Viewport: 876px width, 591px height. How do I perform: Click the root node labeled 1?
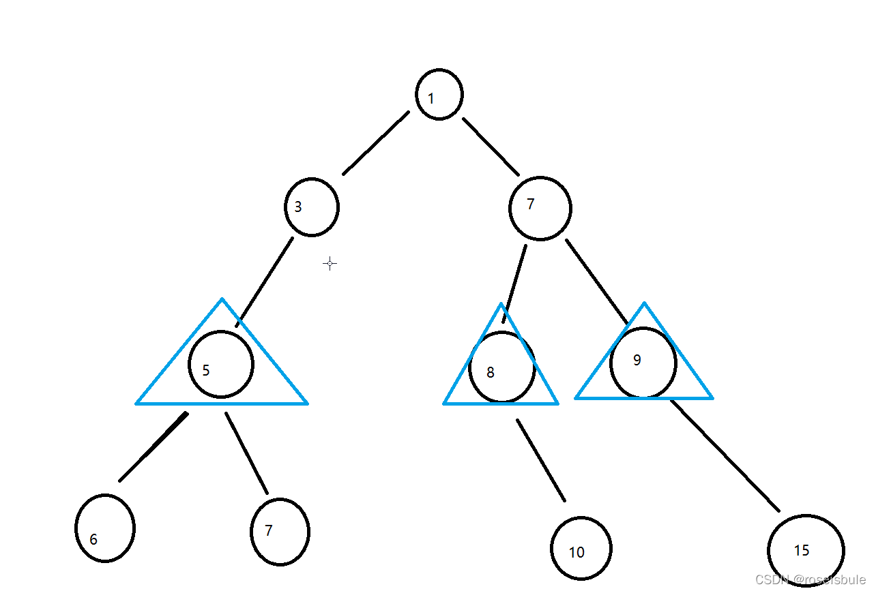pos(439,94)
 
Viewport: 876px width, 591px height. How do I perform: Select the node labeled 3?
pos(311,207)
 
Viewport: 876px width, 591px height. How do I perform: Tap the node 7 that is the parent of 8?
pos(540,208)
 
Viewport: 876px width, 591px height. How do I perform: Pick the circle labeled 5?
pos(221,365)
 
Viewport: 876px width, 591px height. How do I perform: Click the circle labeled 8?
pos(501,367)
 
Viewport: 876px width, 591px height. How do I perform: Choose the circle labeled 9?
pos(643,363)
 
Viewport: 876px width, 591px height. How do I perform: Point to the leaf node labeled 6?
pos(104,528)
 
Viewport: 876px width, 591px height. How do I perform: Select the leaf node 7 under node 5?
pos(280,532)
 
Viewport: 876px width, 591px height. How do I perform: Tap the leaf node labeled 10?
pos(581,548)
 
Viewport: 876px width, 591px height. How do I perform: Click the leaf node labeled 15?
pos(806,550)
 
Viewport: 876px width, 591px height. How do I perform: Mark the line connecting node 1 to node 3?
pos(376,142)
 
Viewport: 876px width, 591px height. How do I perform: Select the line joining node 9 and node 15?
pos(725,455)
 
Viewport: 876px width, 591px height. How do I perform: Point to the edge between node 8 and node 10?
pos(541,460)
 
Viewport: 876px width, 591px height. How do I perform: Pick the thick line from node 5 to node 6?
pos(153,446)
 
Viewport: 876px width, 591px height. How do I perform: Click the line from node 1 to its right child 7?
pos(491,147)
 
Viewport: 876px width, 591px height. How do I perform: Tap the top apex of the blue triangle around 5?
pos(222,299)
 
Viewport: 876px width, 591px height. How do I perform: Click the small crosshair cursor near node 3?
pos(330,264)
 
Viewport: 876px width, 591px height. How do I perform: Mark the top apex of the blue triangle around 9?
pos(644,303)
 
